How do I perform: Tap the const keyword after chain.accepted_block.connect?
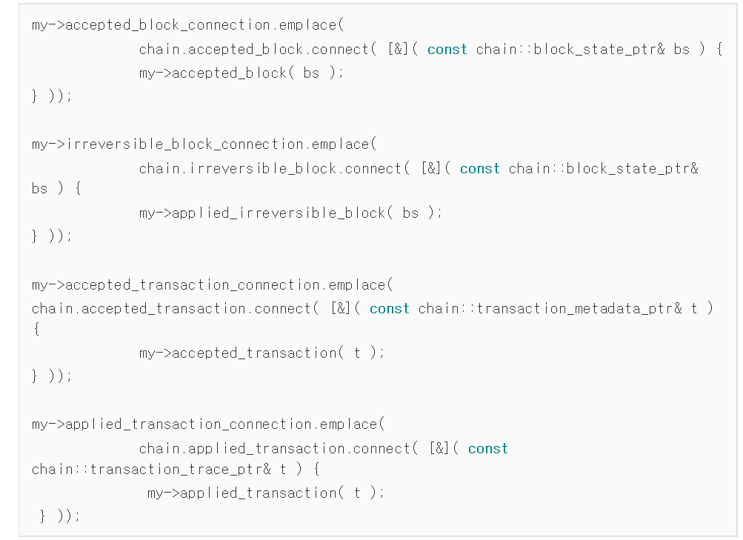[447, 50]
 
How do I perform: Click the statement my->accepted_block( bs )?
[241, 73]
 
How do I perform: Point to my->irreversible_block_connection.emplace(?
[204, 144]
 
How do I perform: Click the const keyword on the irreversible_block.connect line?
[479, 169]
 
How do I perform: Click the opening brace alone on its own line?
[36, 330]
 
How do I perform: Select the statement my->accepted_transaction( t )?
[261, 353]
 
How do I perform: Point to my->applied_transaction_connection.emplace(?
[208, 424]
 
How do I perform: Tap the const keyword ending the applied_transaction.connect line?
[487, 449]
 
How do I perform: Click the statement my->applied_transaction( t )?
[266, 493]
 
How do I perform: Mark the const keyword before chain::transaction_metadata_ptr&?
[389, 309]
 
